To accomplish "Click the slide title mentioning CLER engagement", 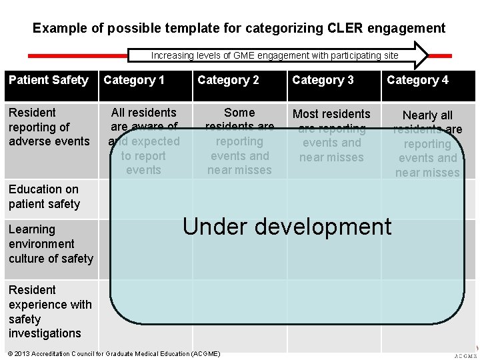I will tap(239, 28).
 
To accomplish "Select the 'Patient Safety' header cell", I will tap(49, 80).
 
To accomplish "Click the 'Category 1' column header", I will tap(134, 80).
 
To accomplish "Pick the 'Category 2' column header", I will tap(228, 80).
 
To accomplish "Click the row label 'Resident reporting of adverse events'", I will tap(49, 127).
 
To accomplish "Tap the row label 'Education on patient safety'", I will tap(44, 197).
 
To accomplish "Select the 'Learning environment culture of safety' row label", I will tap(51, 244).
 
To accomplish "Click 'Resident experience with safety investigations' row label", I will tap(50, 311).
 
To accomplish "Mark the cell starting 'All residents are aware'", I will tap(143, 141).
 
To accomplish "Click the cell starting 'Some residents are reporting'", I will tap(239, 141).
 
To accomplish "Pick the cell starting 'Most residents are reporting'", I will tap(331, 135).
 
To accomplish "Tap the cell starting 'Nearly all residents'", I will tap(427, 143).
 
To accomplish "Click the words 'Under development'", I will tap(287, 227).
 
